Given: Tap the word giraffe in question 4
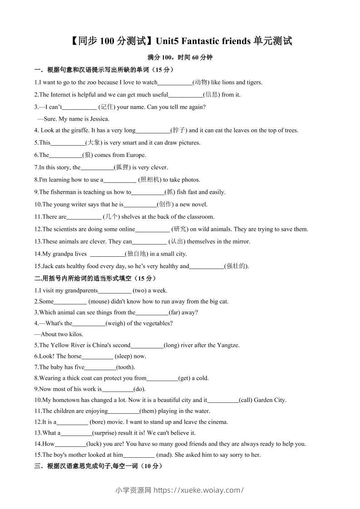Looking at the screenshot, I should click(x=80, y=130).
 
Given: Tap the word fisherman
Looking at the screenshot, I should click(x=63, y=192).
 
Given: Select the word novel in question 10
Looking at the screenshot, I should click(x=197, y=204).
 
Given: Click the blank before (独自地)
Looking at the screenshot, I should click(x=108, y=254).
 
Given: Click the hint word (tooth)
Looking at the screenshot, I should click(x=126, y=367).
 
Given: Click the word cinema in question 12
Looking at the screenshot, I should click(x=217, y=422).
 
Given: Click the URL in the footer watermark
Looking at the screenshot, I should click(x=199, y=490).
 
